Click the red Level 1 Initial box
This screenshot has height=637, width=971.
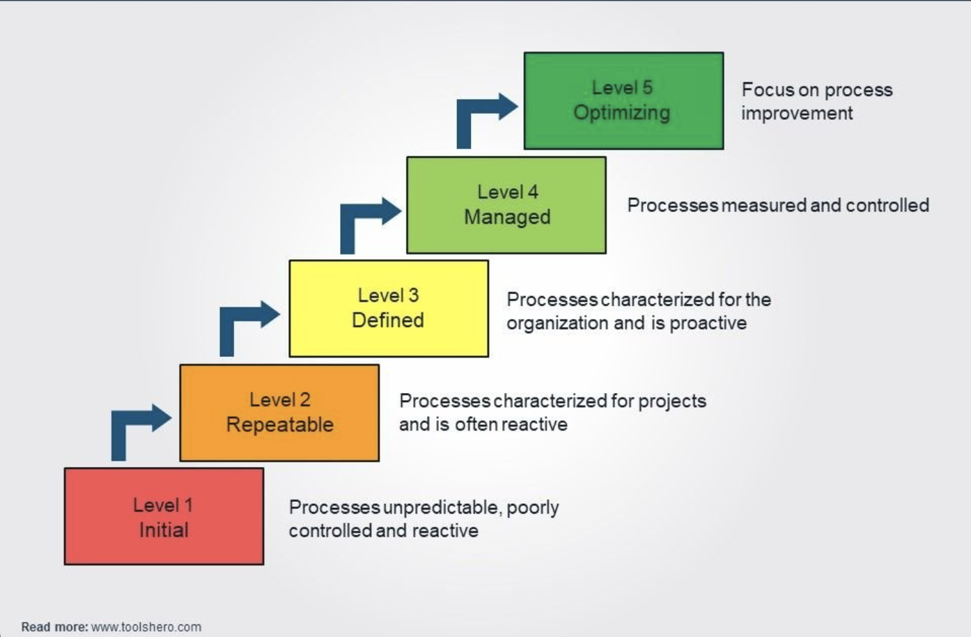164,516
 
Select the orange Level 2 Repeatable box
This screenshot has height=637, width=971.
279,413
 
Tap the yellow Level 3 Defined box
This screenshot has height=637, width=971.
389,308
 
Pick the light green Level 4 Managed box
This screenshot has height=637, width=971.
506,205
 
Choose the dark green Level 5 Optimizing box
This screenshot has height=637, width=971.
624,100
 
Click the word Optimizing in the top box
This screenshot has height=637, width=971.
621,113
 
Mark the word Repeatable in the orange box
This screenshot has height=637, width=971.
279,424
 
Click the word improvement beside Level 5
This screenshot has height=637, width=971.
797,113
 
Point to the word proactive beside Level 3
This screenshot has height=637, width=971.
708,323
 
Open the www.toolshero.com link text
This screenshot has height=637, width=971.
146,627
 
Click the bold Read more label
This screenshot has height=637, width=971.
54,627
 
